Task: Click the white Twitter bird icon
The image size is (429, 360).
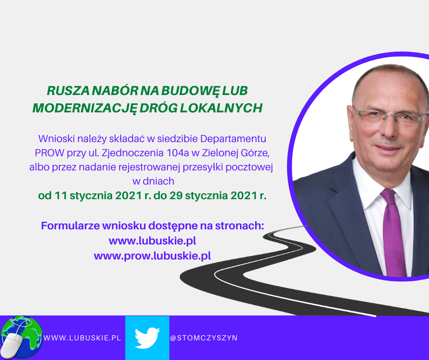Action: (x=147, y=338)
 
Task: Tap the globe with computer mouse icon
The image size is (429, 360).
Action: (x=21, y=338)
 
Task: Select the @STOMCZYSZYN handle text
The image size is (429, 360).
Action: (x=204, y=338)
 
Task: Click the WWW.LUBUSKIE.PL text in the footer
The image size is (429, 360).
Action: (x=82, y=338)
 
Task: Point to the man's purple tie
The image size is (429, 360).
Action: (x=392, y=233)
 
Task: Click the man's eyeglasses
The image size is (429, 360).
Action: (x=390, y=118)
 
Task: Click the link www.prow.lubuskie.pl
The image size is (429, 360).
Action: (x=152, y=256)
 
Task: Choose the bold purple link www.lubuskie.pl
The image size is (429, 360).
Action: (x=152, y=241)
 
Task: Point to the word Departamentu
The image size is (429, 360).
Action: (x=233, y=139)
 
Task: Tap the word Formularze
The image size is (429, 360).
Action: (x=70, y=226)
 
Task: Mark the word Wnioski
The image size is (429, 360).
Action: (x=57, y=138)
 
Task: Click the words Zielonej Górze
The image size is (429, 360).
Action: (x=235, y=153)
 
